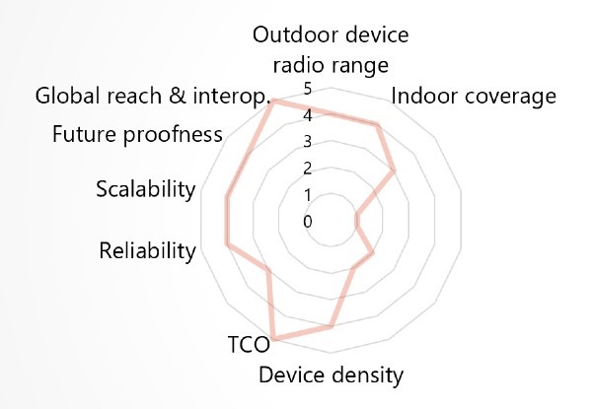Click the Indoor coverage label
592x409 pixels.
tap(474, 97)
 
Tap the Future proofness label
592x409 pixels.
tap(137, 134)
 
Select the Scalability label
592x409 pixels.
tap(146, 189)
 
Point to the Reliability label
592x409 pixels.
tap(148, 250)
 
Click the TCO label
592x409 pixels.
tap(250, 345)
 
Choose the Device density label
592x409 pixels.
tap(332, 375)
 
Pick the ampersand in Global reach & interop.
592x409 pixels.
tap(178, 96)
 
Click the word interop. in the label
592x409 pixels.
tap(232, 97)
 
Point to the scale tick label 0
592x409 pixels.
tap(308, 222)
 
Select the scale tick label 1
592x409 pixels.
tap(308, 195)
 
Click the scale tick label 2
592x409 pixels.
tap(308, 169)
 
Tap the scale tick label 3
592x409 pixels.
tap(308, 142)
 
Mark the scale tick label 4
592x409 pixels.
tap(308, 115)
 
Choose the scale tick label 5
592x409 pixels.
tap(308, 90)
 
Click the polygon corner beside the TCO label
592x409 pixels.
tap(275, 337)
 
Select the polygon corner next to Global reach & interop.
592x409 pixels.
tap(274, 102)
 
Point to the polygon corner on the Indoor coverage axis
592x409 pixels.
tap(376, 125)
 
